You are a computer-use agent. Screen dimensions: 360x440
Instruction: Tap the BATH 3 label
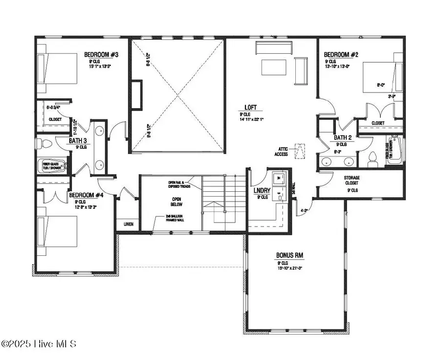pyautogui.click(x=77, y=140)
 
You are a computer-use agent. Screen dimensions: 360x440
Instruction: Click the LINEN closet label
pyautogui.click(x=128, y=224)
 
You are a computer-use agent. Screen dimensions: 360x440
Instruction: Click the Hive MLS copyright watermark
pyautogui.click(x=39, y=344)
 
